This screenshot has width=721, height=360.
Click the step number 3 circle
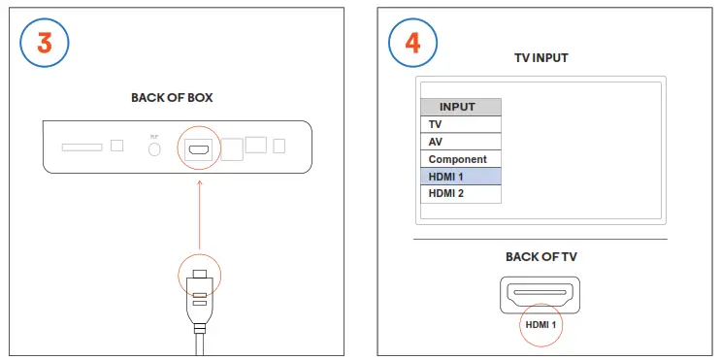45,46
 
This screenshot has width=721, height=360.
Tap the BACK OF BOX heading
172,98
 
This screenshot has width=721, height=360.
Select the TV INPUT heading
541,58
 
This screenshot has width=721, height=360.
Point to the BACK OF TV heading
541,257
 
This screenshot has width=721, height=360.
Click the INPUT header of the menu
461,107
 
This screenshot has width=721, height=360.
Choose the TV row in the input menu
461,124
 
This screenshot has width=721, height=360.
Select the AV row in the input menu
461,142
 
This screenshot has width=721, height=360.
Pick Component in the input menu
461,159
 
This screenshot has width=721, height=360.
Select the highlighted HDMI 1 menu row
461,177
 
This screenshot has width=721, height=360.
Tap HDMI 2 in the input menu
461,194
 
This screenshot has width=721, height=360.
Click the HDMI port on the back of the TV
540,293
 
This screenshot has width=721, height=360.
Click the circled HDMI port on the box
199,149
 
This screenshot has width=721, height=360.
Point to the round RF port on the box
153,149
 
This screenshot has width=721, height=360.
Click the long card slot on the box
82,147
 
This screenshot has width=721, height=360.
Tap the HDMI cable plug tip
199,277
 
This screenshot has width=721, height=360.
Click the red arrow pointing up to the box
199,213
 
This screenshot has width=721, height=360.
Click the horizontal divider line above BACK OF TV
541,239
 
